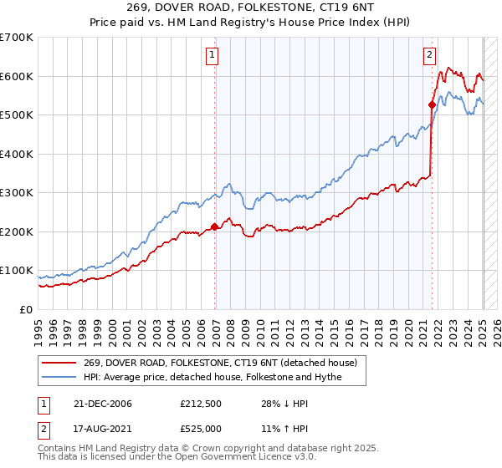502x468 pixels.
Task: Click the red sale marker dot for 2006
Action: (x=215, y=226)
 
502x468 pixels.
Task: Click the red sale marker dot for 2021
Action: (x=433, y=104)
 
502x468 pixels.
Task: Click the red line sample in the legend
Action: (x=59, y=362)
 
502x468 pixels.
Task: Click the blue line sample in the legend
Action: (x=59, y=377)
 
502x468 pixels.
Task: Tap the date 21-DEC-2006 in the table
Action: (x=102, y=404)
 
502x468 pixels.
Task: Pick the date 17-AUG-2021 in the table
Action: (x=102, y=430)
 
